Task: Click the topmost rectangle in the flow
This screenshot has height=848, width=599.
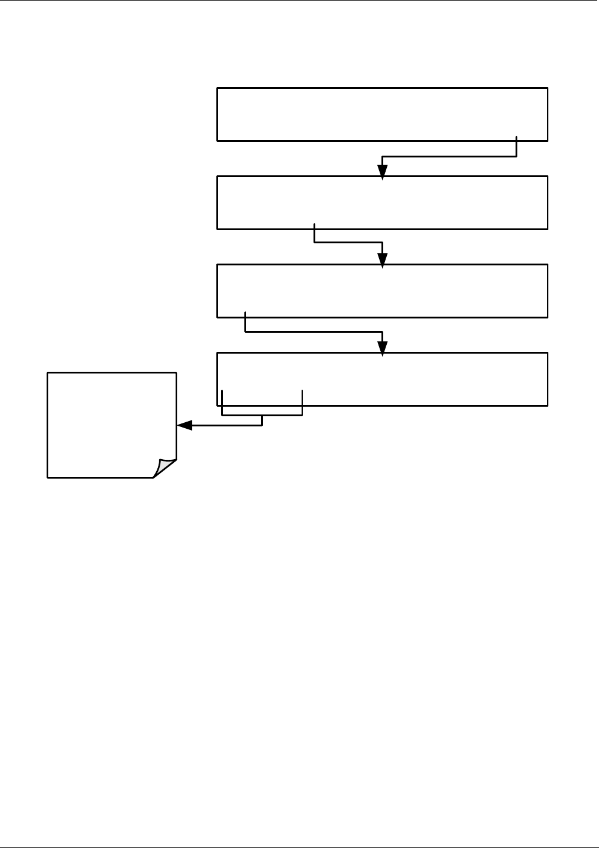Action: tap(382, 114)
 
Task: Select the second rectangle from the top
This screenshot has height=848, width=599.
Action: tap(382, 202)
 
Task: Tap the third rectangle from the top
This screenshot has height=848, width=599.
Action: tap(382, 290)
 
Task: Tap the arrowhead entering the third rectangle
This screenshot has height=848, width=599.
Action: tap(383, 260)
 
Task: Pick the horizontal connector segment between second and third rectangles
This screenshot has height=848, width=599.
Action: tap(348, 243)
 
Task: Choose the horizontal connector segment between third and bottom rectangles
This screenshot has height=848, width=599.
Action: tap(314, 331)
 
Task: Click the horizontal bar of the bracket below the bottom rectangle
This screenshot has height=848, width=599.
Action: tap(262, 415)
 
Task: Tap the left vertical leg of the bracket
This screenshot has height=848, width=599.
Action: tap(222, 403)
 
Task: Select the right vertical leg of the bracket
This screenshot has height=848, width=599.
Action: tap(303, 403)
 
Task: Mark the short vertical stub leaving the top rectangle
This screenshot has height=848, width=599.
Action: tap(516, 147)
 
